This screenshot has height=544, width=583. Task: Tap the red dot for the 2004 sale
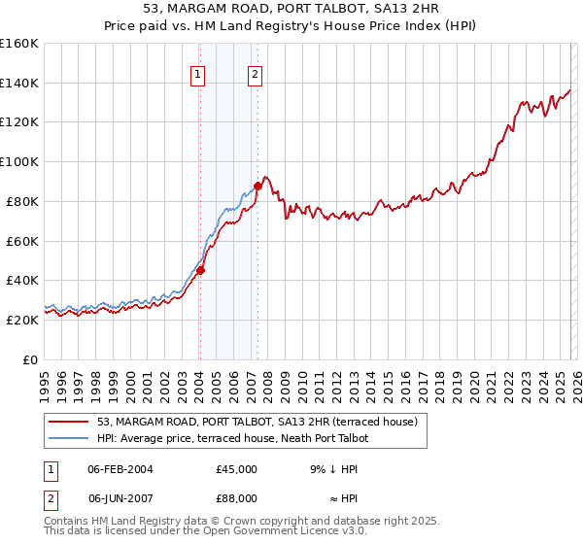tap(200, 271)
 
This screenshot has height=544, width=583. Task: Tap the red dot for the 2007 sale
tap(257, 186)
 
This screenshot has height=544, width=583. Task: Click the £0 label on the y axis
tap(29, 359)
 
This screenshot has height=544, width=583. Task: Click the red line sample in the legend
tap(69, 422)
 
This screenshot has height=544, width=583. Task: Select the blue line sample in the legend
tap(69, 438)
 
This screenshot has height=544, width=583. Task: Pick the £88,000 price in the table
tap(236, 498)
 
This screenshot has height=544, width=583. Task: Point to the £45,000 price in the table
tap(236, 469)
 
